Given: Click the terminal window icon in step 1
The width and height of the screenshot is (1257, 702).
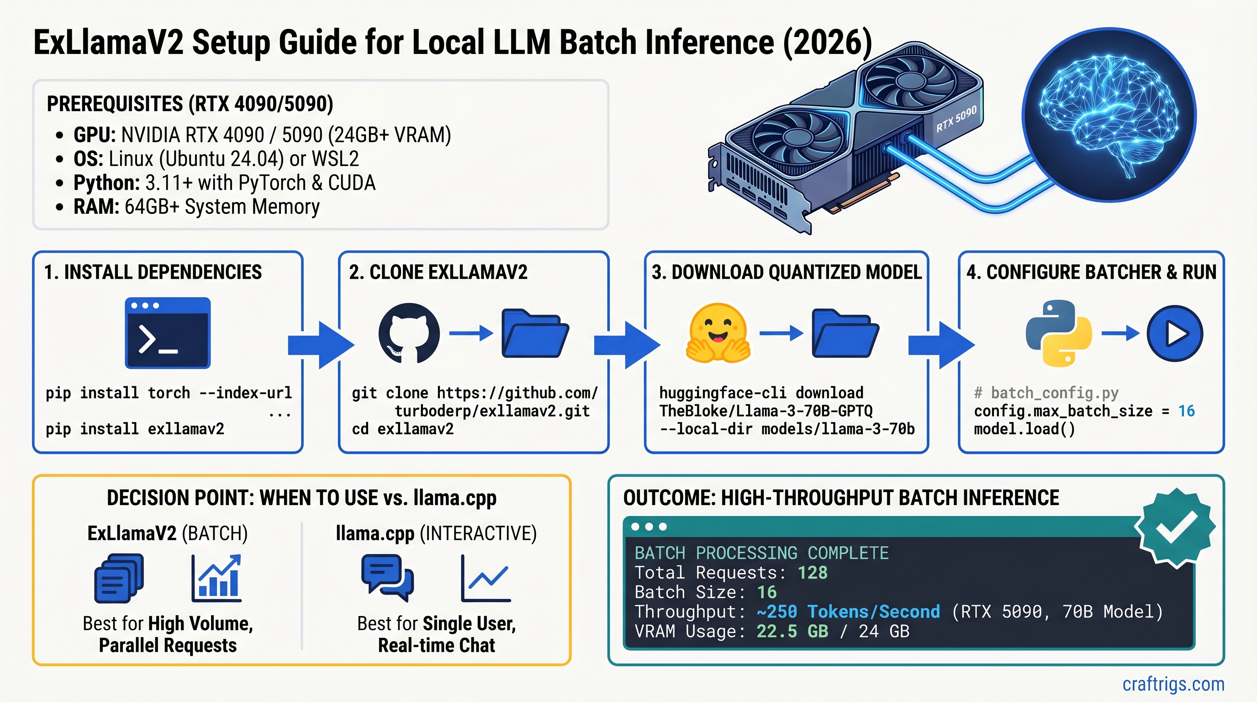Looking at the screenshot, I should coord(167,332).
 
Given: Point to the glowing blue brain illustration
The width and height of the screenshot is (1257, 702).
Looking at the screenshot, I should coord(1109,115).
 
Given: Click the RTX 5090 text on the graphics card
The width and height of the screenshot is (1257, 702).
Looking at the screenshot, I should coord(956,119).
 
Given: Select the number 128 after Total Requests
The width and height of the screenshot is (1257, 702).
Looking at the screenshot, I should coord(813,572).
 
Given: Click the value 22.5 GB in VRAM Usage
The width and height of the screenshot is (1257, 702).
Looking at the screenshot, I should coord(792,631).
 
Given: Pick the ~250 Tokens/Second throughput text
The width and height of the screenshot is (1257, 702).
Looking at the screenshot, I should coord(848,611).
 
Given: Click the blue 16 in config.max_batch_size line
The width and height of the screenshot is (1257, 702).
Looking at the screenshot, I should coord(1186,411).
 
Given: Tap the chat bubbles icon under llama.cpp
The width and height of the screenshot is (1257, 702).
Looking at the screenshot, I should coord(387,578).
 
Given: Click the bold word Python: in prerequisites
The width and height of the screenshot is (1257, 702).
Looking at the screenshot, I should coord(106,182).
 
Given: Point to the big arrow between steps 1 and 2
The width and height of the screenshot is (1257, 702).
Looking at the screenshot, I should coord(321,345).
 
